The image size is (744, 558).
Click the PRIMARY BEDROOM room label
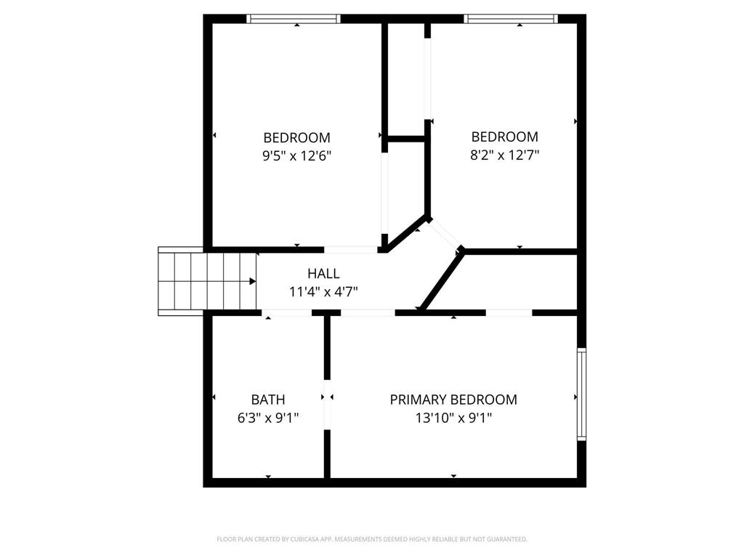coord(453,400)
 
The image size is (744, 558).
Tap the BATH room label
coord(268,400)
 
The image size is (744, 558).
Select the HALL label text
coord(323,274)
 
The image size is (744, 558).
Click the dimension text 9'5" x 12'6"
coord(296,155)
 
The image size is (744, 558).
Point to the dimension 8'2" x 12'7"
coord(505,155)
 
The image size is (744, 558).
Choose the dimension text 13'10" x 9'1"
coord(453,418)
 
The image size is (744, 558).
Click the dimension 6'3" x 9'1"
coord(268,418)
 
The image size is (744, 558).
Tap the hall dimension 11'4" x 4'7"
coord(323,292)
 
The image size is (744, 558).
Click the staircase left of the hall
coord(207,281)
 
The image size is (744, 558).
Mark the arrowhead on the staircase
coord(252,281)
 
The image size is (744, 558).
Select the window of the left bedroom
coord(294,19)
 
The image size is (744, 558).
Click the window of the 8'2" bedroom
coord(510,19)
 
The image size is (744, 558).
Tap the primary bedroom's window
coord(581,395)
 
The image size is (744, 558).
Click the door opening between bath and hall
coord(287,312)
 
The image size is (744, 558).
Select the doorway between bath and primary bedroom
coord(327,404)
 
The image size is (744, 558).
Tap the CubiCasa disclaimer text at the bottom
coord(372,539)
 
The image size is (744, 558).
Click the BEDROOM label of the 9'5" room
coord(296,137)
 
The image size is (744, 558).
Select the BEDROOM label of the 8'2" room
coord(505,137)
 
